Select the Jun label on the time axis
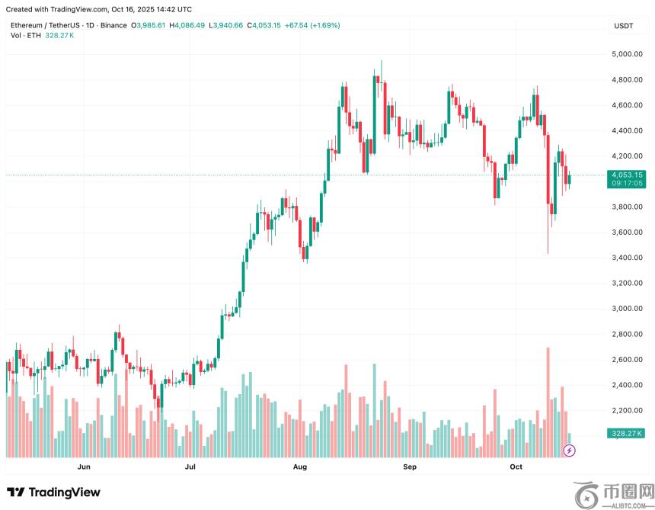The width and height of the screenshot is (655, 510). pyautogui.click(x=84, y=466)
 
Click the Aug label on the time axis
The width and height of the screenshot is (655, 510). pyautogui.click(x=300, y=466)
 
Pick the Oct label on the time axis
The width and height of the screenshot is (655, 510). pyautogui.click(x=516, y=466)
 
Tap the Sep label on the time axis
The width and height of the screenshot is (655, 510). pyautogui.click(x=410, y=466)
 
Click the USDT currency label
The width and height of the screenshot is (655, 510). pyautogui.click(x=623, y=26)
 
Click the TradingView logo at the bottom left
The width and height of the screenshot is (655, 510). pyautogui.click(x=53, y=492)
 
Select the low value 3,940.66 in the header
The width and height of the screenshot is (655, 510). pyautogui.click(x=228, y=25)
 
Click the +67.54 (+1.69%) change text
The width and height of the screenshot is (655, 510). pyautogui.click(x=312, y=25)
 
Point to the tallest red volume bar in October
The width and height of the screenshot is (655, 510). pyautogui.click(x=548, y=402)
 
